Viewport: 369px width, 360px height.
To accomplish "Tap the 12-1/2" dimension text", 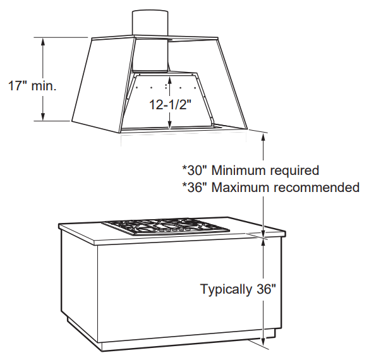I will (169, 105).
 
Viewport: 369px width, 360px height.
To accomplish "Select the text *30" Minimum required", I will (250, 171).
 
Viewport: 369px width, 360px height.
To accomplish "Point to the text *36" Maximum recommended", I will (271, 187).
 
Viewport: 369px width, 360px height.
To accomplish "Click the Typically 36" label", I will (238, 289).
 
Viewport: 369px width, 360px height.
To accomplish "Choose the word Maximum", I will (239, 187).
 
